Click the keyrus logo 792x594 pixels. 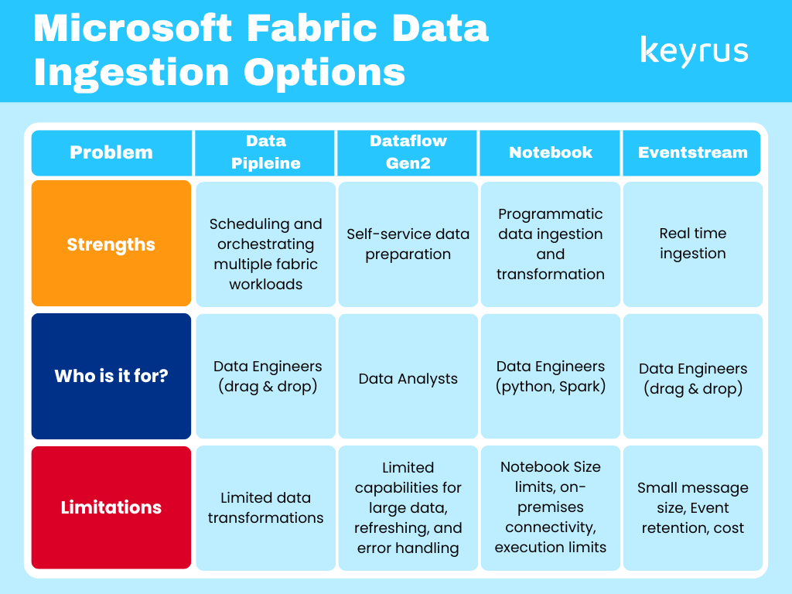[694, 51]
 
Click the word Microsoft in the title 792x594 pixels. [132, 29]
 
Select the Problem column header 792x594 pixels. [111, 152]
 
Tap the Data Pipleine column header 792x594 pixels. [265, 152]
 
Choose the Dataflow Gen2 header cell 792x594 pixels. [408, 152]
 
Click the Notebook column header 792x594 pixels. [550, 152]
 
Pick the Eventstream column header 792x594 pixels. [692, 152]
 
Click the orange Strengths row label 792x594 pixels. [111, 244]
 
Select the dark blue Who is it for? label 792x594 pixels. [111, 377]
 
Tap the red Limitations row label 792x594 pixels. [111, 507]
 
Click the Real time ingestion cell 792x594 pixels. [692, 244]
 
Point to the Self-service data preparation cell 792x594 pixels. [408, 244]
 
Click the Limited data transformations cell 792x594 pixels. [265, 507]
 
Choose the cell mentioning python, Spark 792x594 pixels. [550, 377]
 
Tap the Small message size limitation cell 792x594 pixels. [692, 507]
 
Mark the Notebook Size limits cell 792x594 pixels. [550, 507]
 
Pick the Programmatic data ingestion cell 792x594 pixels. [550, 244]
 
